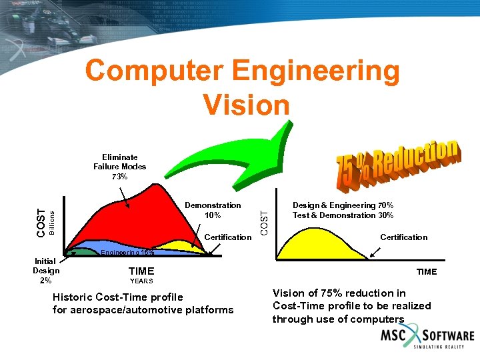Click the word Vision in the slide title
(246, 105)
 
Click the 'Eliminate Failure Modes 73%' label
(119, 167)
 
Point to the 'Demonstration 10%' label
(213, 210)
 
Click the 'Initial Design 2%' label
(46, 271)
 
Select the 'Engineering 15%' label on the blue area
(127, 253)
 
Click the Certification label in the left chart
(227, 237)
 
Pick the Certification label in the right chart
(403, 237)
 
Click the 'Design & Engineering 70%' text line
(343, 205)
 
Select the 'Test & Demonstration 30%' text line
(343, 215)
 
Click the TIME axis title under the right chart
(427, 271)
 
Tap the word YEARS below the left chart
(141, 281)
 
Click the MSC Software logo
(427, 339)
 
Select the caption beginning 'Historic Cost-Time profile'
(143, 303)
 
